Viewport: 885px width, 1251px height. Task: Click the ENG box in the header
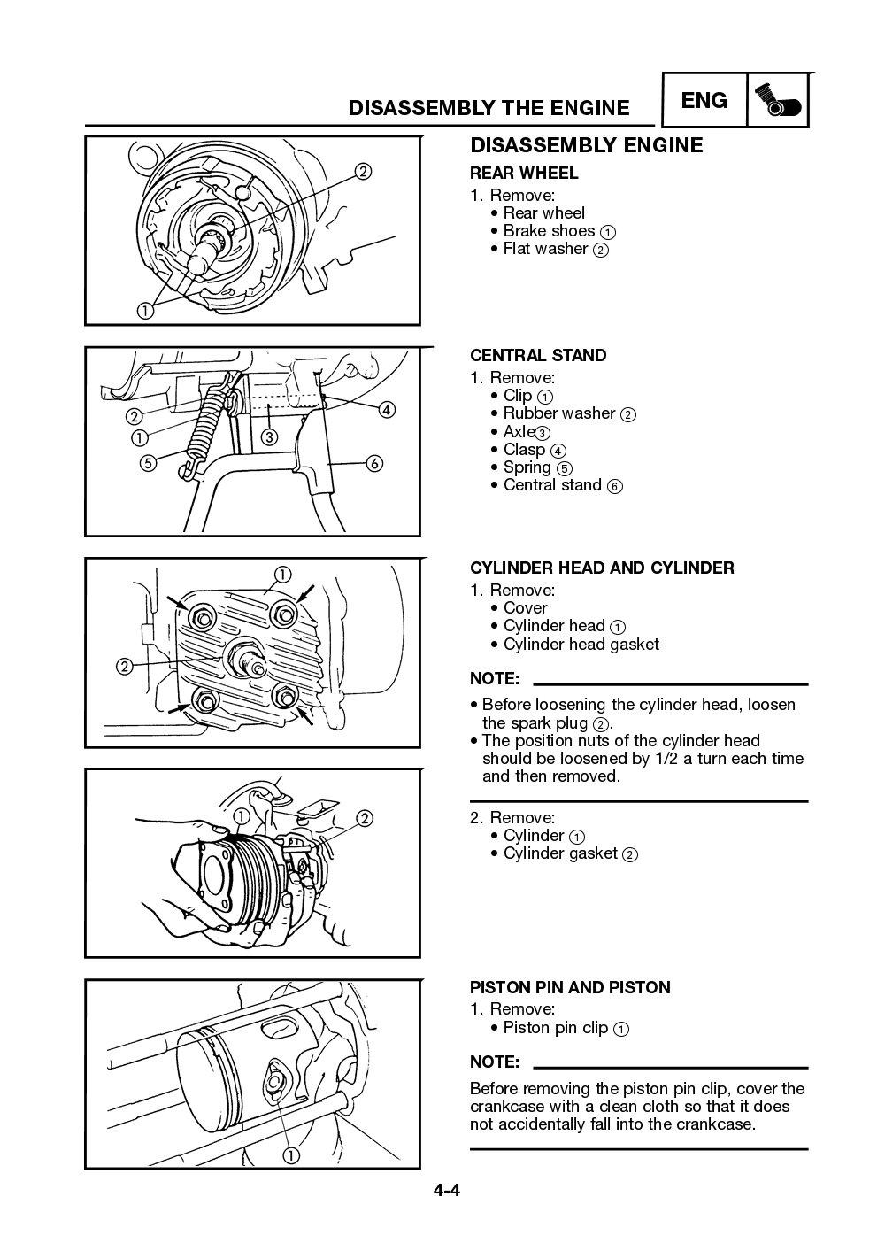[x=704, y=101]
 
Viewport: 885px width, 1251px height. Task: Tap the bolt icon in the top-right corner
[x=778, y=101]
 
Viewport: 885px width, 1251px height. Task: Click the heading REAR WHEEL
[x=524, y=174]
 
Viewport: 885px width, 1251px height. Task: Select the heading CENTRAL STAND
[x=538, y=356]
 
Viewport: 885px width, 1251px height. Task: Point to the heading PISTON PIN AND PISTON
[x=570, y=987]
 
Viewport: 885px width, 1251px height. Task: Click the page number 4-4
[x=446, y=1190]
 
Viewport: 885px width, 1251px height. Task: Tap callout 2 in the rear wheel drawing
[x=363, y=172]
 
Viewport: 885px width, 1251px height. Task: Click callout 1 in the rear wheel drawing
[x=143, y=309]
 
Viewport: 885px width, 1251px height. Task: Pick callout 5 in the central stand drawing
[x=147, y=463]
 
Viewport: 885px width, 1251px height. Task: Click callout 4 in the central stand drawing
[x=387, y=409]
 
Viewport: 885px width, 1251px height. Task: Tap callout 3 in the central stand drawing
[x=269, y=436]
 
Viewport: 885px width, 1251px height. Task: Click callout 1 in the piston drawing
[x=290, y=1154]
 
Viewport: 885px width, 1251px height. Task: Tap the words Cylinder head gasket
[x=581, y=645]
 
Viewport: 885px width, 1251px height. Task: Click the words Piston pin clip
[x=555, y=1028]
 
